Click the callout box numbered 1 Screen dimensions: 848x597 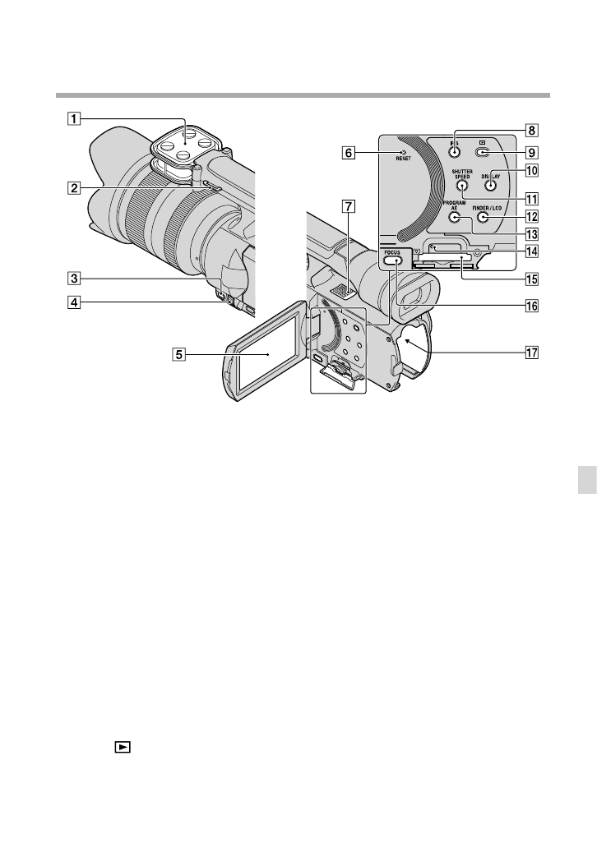[x=75, y=118]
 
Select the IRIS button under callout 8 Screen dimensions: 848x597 [x=454, y=151]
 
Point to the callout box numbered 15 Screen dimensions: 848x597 [x=532, y=278]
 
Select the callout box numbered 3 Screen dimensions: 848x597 [x=75, y=278]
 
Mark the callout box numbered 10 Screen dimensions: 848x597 [x=532, y=172]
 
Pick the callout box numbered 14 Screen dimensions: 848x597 [x=532, y=251]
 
